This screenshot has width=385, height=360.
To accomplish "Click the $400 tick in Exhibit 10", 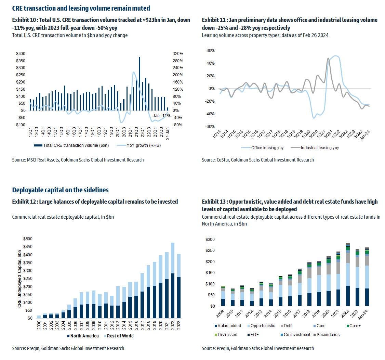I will pyautogui.click(x=20, y=54).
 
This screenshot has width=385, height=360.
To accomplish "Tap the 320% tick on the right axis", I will pyautogui.click(x=178, y=54).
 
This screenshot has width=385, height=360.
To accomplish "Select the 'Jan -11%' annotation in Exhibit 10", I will pyautogui.click(x=161, y=116).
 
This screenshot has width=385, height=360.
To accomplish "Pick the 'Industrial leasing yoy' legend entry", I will pyautogui.click(x=319, y=148).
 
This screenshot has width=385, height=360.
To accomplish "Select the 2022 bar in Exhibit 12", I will pyautogui.click(x=172, y=281).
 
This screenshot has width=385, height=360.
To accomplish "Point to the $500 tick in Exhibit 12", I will pyautogui.click(x=28, y=239).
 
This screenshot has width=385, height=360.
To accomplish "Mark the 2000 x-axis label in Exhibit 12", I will pyautogui.click(x=39, y=325).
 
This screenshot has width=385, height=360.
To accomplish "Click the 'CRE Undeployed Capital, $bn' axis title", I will pyautogui.click(x=19, y=278).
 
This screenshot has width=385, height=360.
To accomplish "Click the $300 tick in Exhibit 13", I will pyautogui.click(x=210, y=240).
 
